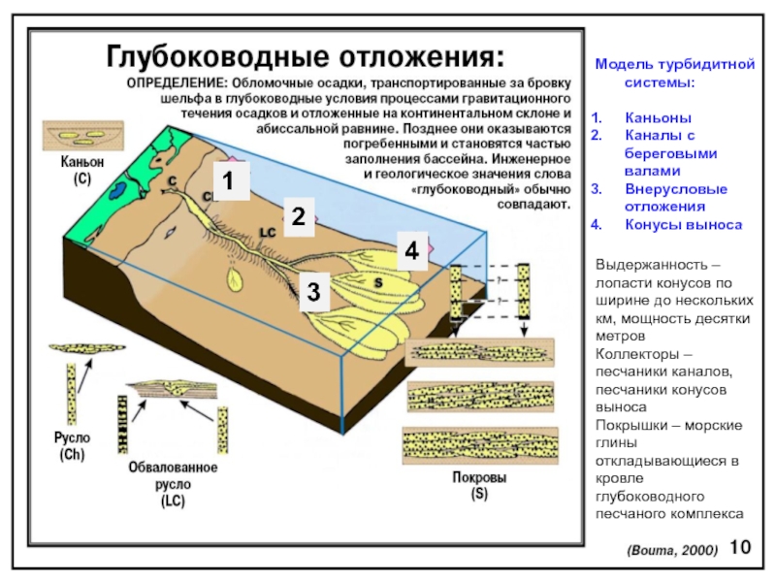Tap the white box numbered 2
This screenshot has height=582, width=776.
point(300,216)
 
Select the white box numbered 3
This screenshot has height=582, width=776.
point(314,290)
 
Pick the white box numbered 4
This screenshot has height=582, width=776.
point(411,251)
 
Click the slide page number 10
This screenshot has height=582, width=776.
point(740,547)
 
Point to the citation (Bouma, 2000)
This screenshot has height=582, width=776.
point(673,550)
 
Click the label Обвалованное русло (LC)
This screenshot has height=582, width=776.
point(174,484)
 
